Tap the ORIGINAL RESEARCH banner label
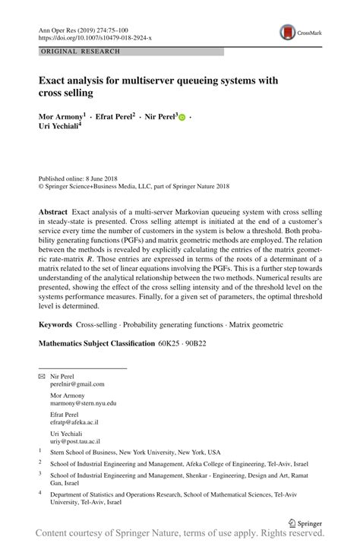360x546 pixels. pyautogui.click(x=74, y=52)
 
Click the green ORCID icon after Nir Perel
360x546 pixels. pyautogui.click(x=182, y=118)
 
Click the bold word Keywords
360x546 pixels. pyautogui.click(x=56, y=324)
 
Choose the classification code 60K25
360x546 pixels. pyautogui.click(x=169, y=344)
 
